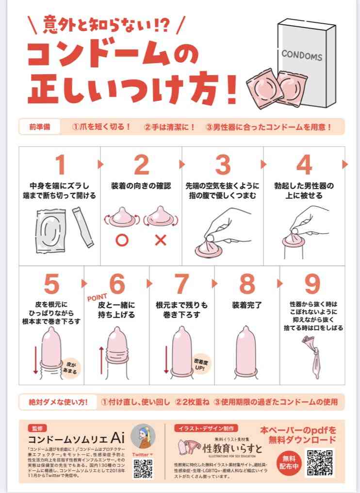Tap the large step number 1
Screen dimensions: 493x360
60,165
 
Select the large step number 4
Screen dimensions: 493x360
304,165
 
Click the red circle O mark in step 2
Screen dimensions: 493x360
121,240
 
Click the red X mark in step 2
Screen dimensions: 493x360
161,240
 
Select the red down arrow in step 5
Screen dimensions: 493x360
35,358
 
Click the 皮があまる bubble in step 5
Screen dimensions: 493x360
70,366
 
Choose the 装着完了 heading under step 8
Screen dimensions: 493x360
247,305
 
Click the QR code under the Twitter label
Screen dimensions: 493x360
143,469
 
